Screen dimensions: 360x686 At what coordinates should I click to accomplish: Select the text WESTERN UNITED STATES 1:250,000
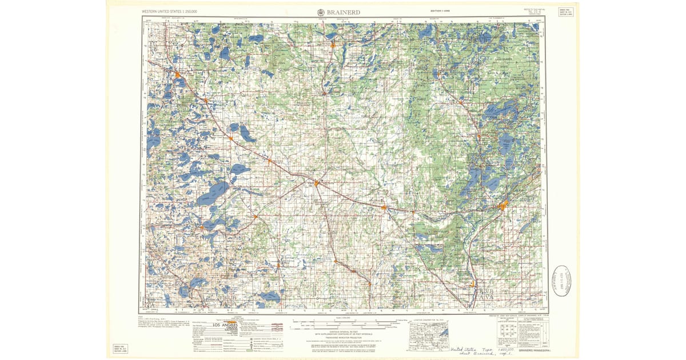(x=173, y=11)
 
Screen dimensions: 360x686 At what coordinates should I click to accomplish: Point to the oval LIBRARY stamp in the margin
(x=562, y=280)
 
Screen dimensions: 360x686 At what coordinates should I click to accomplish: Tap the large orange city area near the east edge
(x=502, y=206)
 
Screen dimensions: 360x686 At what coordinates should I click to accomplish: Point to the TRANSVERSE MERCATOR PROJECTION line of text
(x=342, y=338)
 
